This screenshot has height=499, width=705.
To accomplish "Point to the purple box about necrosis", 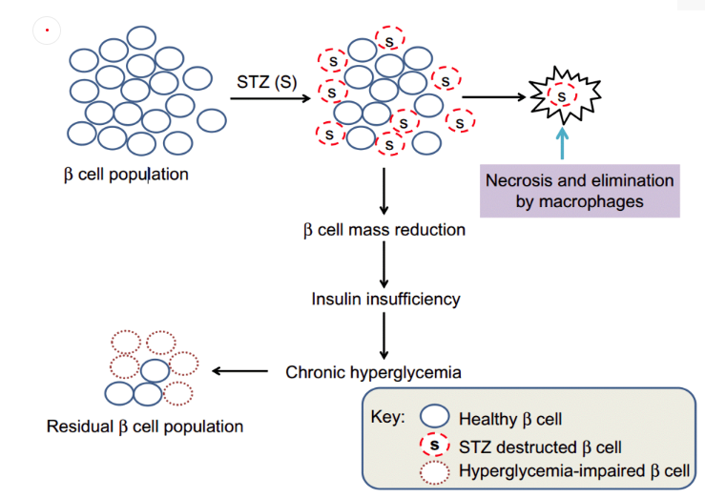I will [x=580, y=190].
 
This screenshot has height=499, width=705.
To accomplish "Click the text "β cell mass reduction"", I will [x=384, y=230].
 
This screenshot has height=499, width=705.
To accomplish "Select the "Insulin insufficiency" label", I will [x=385, y=299].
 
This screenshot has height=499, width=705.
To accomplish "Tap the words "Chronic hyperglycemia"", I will [x=374, y=371].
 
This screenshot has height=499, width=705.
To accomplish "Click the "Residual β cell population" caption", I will [x=144, y=426].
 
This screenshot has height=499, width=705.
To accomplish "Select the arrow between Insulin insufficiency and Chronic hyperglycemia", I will [x=383, y=334].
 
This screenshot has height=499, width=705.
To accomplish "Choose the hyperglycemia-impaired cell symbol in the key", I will [x=435, y=470].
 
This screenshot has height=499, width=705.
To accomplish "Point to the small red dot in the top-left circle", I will [x=47, y=31].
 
